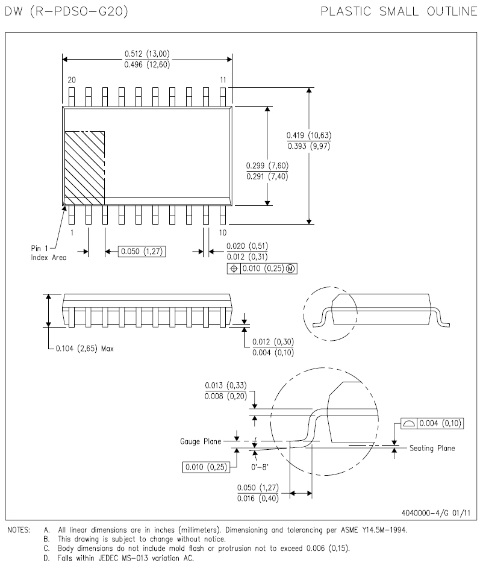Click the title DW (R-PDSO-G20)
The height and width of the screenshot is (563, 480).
pos(66,11)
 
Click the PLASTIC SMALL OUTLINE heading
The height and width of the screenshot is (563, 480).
pos(399,11)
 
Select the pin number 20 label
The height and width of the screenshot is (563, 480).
pos(72,79)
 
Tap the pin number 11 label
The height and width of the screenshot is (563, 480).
pos(223,79)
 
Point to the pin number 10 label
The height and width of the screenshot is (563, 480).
pos(223,232)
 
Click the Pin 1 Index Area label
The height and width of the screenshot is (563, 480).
pos(48,253)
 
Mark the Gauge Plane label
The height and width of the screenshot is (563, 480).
pos(201,441)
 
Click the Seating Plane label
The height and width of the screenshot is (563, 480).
pos(432,448)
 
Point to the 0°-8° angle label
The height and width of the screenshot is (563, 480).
pos(260,467)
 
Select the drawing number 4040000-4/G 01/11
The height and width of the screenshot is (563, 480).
pos(436,513)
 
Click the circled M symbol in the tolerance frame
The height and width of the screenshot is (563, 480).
pos(291,269)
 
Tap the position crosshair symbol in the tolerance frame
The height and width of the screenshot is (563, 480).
pos(234,269)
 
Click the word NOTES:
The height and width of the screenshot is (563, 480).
pos(19,530)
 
